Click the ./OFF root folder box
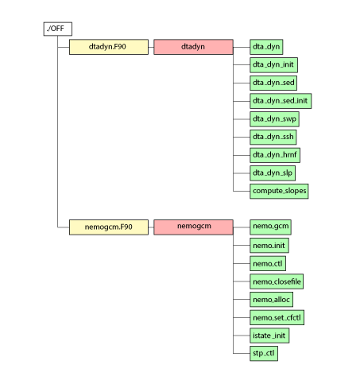[58, 29]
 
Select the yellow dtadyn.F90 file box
[109, 47]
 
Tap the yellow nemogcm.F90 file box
[109, 227]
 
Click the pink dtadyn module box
[193, 47]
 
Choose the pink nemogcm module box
[193, 227]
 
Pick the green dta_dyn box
[266, 47]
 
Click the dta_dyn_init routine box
[273, 65]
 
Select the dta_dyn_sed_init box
[281, 101]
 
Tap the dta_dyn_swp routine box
[274, 119]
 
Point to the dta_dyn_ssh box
[273, 137]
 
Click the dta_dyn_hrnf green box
[275, 155]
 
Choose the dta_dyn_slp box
[273, 173]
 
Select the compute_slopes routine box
[279, 191]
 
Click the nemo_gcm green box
[270, 227]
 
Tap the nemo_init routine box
[269, 245]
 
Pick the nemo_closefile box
[277, 281]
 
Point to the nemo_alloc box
[271, 299]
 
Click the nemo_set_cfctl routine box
[277, 317]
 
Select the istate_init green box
[269, 336]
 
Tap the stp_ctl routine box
[264, 353]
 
